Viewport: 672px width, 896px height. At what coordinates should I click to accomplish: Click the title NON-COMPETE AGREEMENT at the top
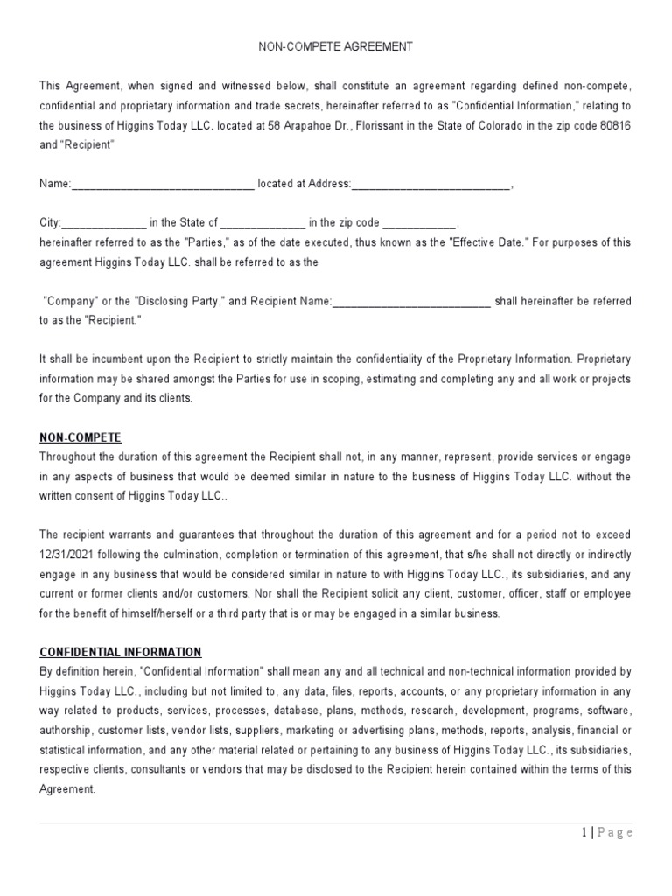(335, 46)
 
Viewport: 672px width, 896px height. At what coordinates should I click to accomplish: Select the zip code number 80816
(613, 125)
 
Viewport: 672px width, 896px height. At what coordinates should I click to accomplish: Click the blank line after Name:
(162, 184)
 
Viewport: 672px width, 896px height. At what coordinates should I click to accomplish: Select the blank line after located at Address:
(430, 184)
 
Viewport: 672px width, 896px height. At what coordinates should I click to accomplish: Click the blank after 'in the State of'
(262, 222)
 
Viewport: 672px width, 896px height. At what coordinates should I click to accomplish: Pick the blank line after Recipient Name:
(411, 301)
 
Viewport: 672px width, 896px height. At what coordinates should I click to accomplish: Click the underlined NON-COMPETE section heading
(80, 437)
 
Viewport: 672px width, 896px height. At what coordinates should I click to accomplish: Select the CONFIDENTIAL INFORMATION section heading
(121, 652)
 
